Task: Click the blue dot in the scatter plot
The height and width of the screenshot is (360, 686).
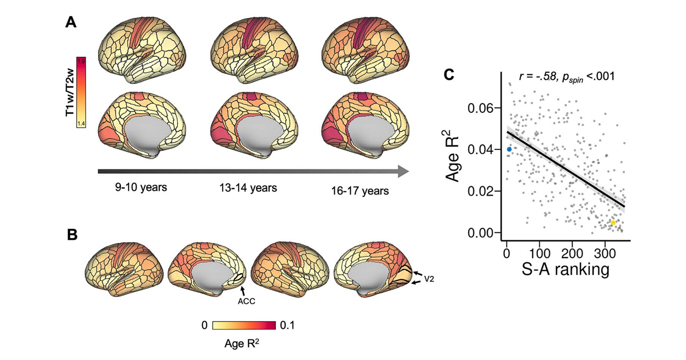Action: (x=509, y=149)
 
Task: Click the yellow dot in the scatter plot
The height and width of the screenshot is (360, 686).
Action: (x=613, y=223)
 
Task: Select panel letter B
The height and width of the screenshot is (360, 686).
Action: (x=72, y=234)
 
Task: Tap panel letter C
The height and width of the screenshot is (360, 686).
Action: (x=449, y=75)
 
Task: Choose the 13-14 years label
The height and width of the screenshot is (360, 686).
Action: (x=247, y=188)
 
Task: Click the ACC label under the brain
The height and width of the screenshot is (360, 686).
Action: (x=246, y=302)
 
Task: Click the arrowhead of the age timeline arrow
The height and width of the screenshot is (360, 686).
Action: (x=403, y=171)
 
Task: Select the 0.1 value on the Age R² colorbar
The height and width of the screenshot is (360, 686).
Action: (x=287, y=326)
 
